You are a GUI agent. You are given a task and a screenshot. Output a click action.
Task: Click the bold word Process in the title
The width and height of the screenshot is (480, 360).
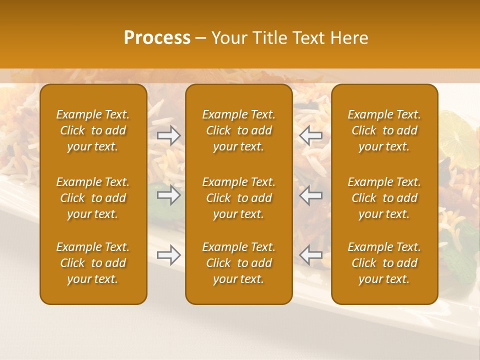(157, 38)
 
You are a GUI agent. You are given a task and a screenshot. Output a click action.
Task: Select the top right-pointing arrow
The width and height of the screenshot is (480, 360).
(169, 135)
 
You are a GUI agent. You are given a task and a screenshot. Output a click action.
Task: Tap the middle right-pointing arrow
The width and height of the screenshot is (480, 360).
(169, 195)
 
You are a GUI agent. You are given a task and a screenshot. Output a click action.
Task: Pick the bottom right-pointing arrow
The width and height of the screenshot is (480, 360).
(169, 255)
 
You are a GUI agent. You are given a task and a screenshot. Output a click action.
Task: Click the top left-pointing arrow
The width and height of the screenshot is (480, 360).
(310, 135)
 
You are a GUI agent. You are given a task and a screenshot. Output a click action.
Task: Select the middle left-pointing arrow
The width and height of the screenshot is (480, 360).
(310, 195)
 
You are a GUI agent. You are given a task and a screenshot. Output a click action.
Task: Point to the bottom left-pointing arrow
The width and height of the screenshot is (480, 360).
(310, 255)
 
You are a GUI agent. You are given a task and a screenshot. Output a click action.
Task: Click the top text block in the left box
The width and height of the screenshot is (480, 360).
(93, 130)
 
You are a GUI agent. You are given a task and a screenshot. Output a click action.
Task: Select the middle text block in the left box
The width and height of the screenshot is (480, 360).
(93, 198)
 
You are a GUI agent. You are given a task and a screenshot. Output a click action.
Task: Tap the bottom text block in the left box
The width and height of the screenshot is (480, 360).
(93, 263)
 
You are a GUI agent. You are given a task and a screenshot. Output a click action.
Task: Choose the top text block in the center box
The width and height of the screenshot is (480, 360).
(238, 130)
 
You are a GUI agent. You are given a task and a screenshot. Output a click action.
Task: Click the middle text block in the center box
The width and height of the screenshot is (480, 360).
(238, 198)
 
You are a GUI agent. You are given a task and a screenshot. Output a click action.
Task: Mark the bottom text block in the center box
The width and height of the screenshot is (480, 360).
(238, 263)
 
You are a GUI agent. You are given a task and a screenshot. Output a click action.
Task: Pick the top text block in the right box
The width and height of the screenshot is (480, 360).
(384, 130)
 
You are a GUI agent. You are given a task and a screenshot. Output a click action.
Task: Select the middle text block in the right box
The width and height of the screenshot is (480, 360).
(384, 198)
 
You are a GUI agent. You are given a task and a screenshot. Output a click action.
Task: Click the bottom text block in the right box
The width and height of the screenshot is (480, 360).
(384, 263)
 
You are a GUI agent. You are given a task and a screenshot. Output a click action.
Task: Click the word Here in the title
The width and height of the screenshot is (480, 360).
(349, 38)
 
